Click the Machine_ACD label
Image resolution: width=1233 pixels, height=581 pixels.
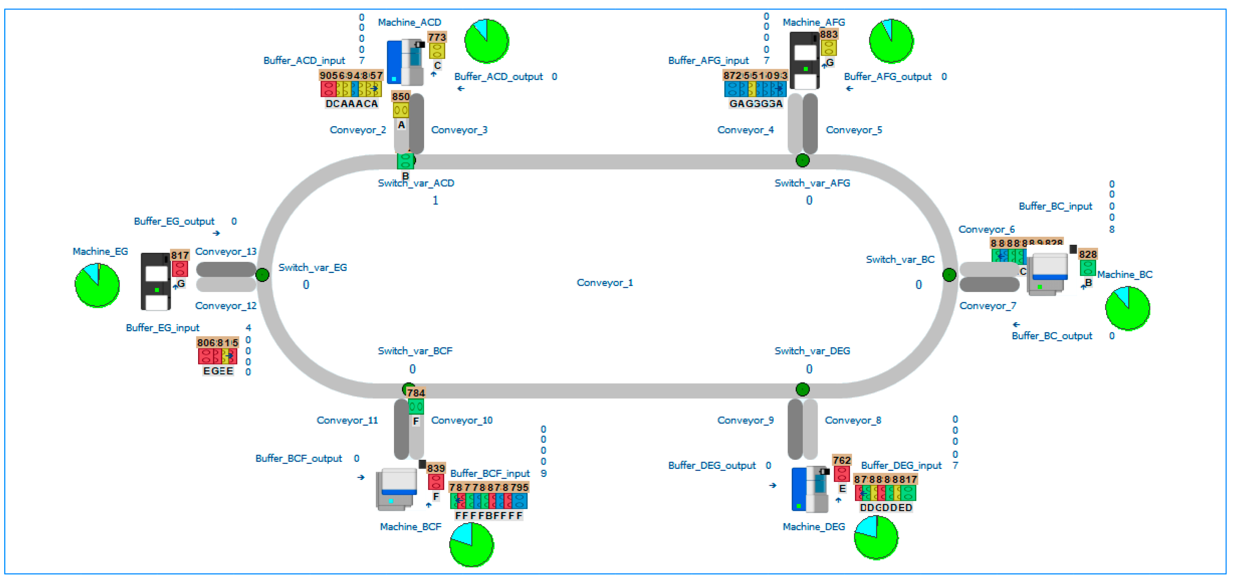point(409,22)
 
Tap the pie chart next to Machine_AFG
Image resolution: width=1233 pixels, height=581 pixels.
point(891,41)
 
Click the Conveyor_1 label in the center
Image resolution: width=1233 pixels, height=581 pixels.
point(605,282)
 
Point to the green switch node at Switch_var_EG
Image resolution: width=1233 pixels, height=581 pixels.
point(262,275)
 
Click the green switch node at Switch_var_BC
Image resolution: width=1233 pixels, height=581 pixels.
point(949,274)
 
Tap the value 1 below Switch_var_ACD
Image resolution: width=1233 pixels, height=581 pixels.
point(435,200)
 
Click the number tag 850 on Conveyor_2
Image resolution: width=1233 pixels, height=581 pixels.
point(400,97)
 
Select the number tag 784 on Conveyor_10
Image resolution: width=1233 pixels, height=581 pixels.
point(416,393)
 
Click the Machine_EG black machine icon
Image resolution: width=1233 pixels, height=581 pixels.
point(155,282)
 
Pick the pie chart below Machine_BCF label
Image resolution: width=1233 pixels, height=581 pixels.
point(471,545)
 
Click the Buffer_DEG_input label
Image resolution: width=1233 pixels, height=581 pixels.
point(901,465)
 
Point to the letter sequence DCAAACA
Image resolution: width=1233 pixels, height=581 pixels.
point(351,103)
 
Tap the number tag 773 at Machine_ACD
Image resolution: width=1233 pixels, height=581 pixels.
point(437,37)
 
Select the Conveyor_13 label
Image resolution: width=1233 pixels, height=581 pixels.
point(226,252)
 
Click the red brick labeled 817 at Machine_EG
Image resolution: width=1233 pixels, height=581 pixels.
point(180,268)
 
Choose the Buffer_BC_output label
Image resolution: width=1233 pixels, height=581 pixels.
point(1052,336)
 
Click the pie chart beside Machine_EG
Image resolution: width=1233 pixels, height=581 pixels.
point(97,285)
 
